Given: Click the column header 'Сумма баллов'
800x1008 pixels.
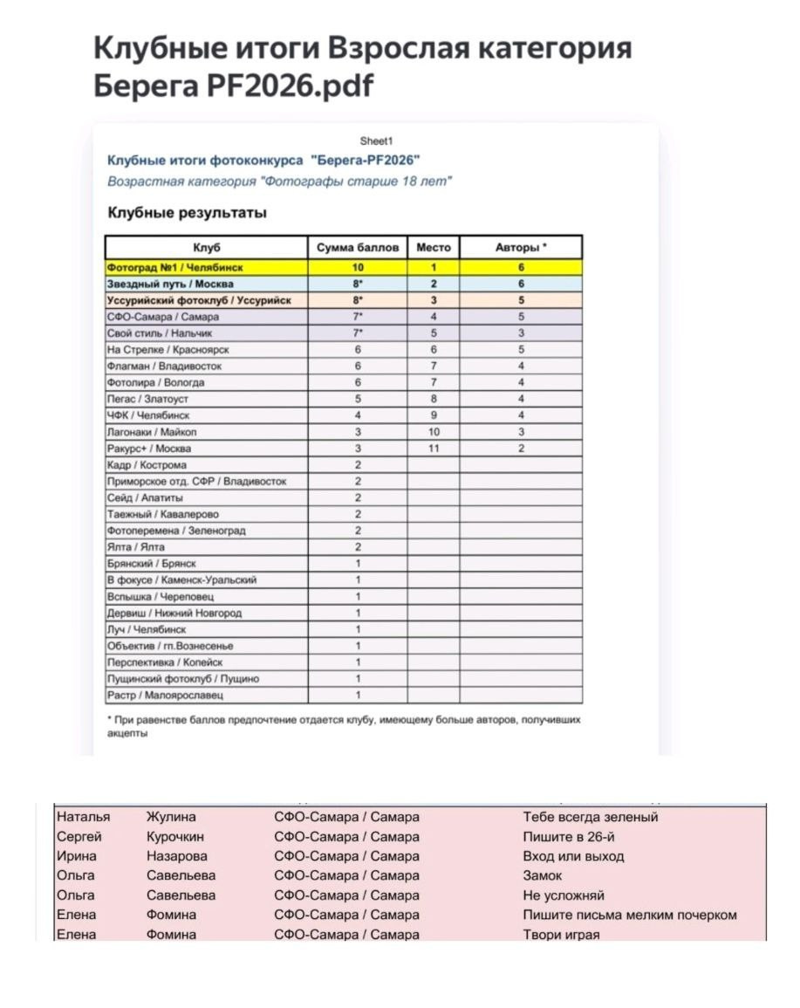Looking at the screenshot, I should (358, 248).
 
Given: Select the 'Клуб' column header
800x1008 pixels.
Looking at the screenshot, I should (206, 248).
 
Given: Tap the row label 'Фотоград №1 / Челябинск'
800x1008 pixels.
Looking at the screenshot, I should (174, 267).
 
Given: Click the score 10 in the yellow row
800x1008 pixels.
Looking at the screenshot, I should (358, 267).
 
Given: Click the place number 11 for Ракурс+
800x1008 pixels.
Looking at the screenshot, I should (434, 449).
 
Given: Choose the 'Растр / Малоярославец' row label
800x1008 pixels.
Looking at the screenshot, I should (165, 696).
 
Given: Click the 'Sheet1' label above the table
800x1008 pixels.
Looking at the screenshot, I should (377, 141).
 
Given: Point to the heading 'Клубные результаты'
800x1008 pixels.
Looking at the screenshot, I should (187, 213).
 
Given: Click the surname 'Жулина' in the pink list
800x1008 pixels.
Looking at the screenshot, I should (171, 818).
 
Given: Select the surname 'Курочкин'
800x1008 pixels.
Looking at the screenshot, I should (175, 837).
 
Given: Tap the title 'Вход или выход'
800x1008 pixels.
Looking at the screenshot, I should (573, 857).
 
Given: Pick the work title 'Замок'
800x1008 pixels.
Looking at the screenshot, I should (543, 876).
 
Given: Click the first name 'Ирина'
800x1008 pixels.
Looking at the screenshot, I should (77, 857).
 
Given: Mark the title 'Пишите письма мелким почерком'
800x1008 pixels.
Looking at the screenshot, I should (630, 915).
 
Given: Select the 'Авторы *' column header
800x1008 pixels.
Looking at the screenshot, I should (521, 248).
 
